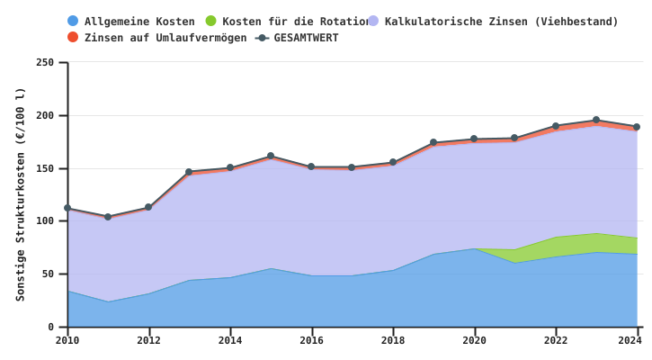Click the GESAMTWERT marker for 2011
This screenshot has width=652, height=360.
tap(108, 217)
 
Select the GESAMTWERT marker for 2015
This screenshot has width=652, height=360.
tap(271, 157)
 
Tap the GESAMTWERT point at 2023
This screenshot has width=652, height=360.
tap(596, 120)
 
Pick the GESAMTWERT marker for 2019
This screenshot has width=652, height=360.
tap(433, 142)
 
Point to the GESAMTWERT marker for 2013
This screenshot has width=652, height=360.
tap(189, 172)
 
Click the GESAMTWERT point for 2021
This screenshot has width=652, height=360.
tap(514, 139)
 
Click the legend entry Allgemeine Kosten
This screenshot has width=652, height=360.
tap(138, 21)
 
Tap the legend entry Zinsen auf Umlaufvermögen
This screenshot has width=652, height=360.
tap(165, 38)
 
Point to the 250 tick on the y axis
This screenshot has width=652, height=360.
tap(45, 63)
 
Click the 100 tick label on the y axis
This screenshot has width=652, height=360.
tap(45, 221)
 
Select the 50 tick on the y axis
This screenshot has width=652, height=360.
tap(49, 274)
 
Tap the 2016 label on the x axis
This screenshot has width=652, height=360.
tap(311, 340)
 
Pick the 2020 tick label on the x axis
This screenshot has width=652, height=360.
tap(474, 340)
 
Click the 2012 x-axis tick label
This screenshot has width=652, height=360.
tap(148, 340)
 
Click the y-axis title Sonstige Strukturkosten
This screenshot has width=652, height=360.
tap(21, 193)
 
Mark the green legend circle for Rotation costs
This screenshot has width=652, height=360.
tap(210, 21)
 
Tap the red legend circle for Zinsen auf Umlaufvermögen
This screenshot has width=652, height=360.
tap(73, 38)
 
